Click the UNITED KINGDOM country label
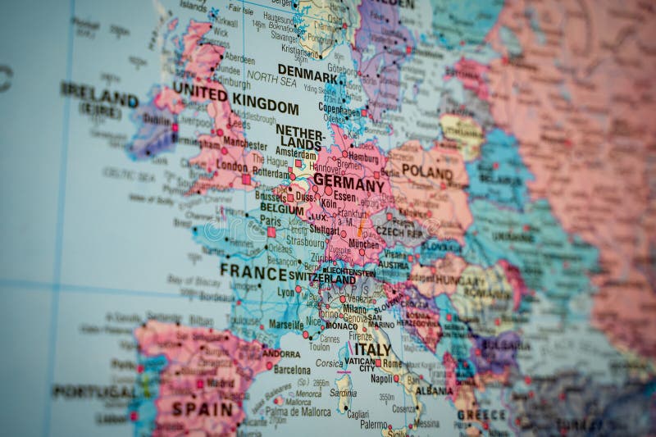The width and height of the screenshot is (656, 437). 235,101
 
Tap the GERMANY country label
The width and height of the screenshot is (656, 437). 349,183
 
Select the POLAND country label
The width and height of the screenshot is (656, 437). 426,174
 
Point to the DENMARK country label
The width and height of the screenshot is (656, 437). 307,73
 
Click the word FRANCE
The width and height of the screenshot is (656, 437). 253,271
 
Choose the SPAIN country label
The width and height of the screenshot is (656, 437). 203,407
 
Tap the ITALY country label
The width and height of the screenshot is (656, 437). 372,349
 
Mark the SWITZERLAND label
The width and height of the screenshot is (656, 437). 322,279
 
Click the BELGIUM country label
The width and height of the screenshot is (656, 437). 282,208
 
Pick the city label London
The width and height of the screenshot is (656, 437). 231,166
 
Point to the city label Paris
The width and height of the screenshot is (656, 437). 270,221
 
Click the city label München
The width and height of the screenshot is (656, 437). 363,244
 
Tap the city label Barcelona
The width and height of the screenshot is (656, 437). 292,370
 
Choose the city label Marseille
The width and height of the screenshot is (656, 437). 285,324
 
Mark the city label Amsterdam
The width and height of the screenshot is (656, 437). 296,153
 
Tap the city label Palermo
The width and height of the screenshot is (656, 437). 373,424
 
